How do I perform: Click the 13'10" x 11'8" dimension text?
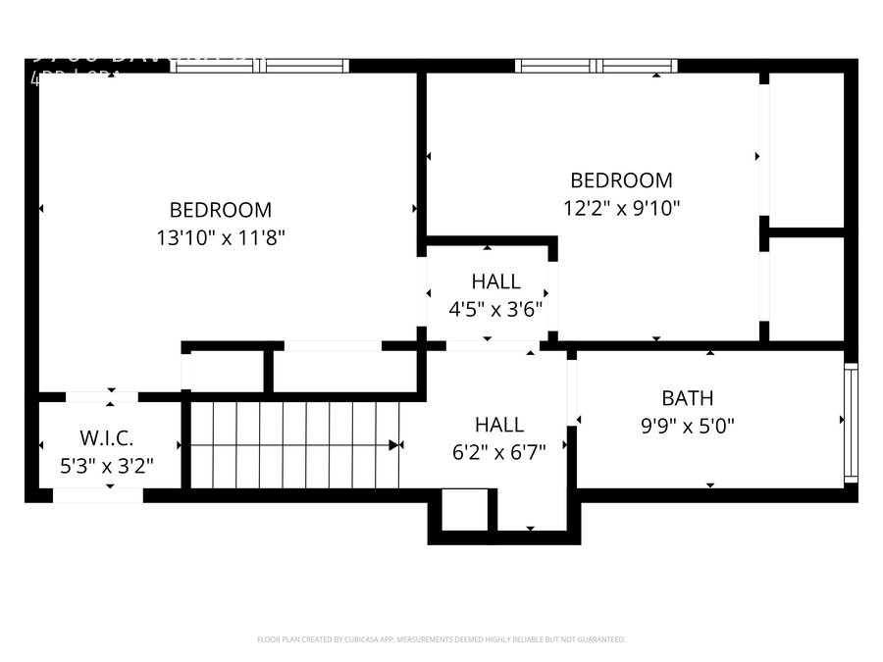[220, 236]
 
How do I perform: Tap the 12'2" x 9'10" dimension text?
[621, 208]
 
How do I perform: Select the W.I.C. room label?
[106, 436]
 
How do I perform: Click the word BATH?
[687, 398]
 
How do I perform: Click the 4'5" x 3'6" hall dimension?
[495, 309]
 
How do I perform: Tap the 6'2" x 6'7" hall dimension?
[498, 452]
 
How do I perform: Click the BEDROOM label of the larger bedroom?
[220, 209]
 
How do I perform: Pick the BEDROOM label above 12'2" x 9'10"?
[621, 180]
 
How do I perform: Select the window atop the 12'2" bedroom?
[597, 66]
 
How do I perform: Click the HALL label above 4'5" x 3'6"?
[495, 282]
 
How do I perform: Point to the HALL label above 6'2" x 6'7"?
[498, 425]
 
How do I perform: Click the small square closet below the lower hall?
[459, 510]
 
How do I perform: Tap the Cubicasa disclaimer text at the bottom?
[441, 639]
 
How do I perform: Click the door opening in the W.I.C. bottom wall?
[97, 496]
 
